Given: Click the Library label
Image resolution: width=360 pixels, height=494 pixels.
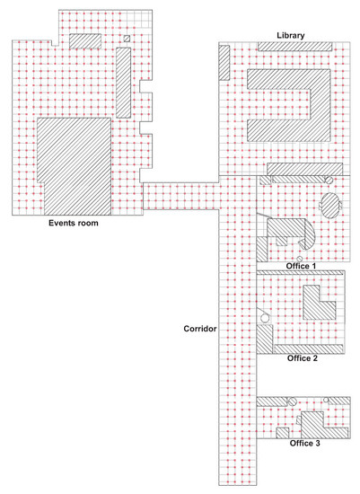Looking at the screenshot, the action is [290, 35].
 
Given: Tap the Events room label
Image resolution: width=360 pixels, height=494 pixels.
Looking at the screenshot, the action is [74, 223].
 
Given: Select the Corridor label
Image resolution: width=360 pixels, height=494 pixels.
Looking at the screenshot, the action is [200, 329].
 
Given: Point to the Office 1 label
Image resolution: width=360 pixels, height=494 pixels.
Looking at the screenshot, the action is [301, 266].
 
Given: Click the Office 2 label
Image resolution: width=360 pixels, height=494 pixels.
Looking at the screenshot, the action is [303, 358].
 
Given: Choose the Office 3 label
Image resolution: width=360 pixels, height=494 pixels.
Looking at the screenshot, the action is [304, 444].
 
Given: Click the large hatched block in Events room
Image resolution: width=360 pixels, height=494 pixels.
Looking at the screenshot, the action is [75, 166].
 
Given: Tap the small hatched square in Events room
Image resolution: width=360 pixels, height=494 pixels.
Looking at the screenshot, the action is [127, 39].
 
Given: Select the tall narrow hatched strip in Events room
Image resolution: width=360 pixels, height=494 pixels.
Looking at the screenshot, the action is [124, 83].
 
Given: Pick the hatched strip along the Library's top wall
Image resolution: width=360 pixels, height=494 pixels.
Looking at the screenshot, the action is [295, 47].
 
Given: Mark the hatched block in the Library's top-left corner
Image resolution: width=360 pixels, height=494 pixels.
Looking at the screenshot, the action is [224, 62].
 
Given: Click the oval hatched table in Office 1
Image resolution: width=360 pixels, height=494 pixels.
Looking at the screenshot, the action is [330, 206].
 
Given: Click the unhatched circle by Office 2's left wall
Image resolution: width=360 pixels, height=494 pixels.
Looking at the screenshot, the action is [265, 318].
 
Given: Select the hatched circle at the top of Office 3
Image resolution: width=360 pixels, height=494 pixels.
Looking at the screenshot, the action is [293, 401].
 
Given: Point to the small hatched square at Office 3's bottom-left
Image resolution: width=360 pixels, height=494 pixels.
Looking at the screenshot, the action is [283, 433].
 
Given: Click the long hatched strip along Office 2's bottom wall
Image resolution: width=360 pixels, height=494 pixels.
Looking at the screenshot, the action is [308, 348].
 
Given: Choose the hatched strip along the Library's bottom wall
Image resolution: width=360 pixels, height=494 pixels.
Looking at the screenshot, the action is [305, 169].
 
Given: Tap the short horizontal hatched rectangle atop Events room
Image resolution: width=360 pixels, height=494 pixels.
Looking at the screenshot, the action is [85, 41].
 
